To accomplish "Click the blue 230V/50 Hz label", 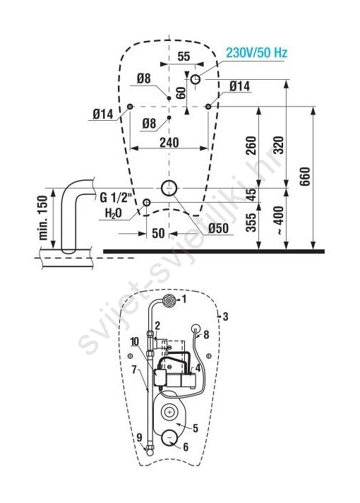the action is click(256, 52).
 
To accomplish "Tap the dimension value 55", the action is click(184, 56).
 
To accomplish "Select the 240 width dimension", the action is click(169, 143).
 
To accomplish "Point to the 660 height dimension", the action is click(305, 176).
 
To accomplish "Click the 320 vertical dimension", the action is click(279, 146).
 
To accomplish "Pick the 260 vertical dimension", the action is click(251, 146).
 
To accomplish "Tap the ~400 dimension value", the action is click(279, 220).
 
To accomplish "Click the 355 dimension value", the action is click(251, 223).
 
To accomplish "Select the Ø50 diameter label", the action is click(218, 228).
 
